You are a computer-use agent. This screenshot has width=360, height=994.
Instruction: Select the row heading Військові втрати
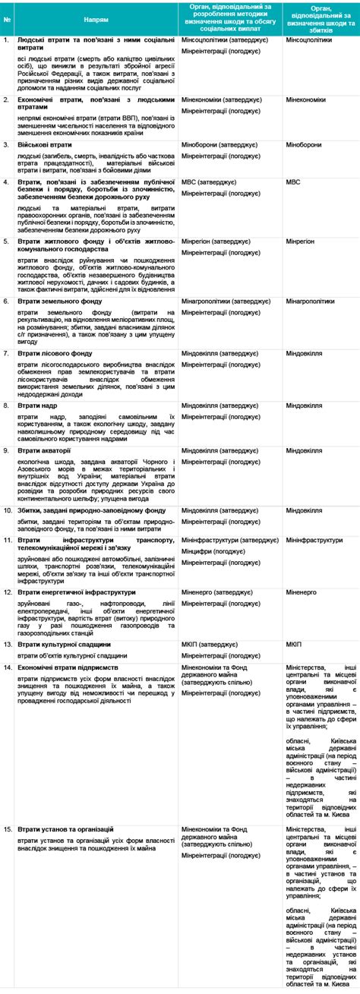coord(45,143)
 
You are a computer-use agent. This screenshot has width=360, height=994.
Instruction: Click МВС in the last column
coord(293,182)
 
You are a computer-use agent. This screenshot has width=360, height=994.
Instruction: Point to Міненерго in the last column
coord(301,592)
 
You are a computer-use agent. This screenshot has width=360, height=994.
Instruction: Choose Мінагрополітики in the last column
coord(310,301)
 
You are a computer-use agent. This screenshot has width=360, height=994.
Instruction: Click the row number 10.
coord(8,510)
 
